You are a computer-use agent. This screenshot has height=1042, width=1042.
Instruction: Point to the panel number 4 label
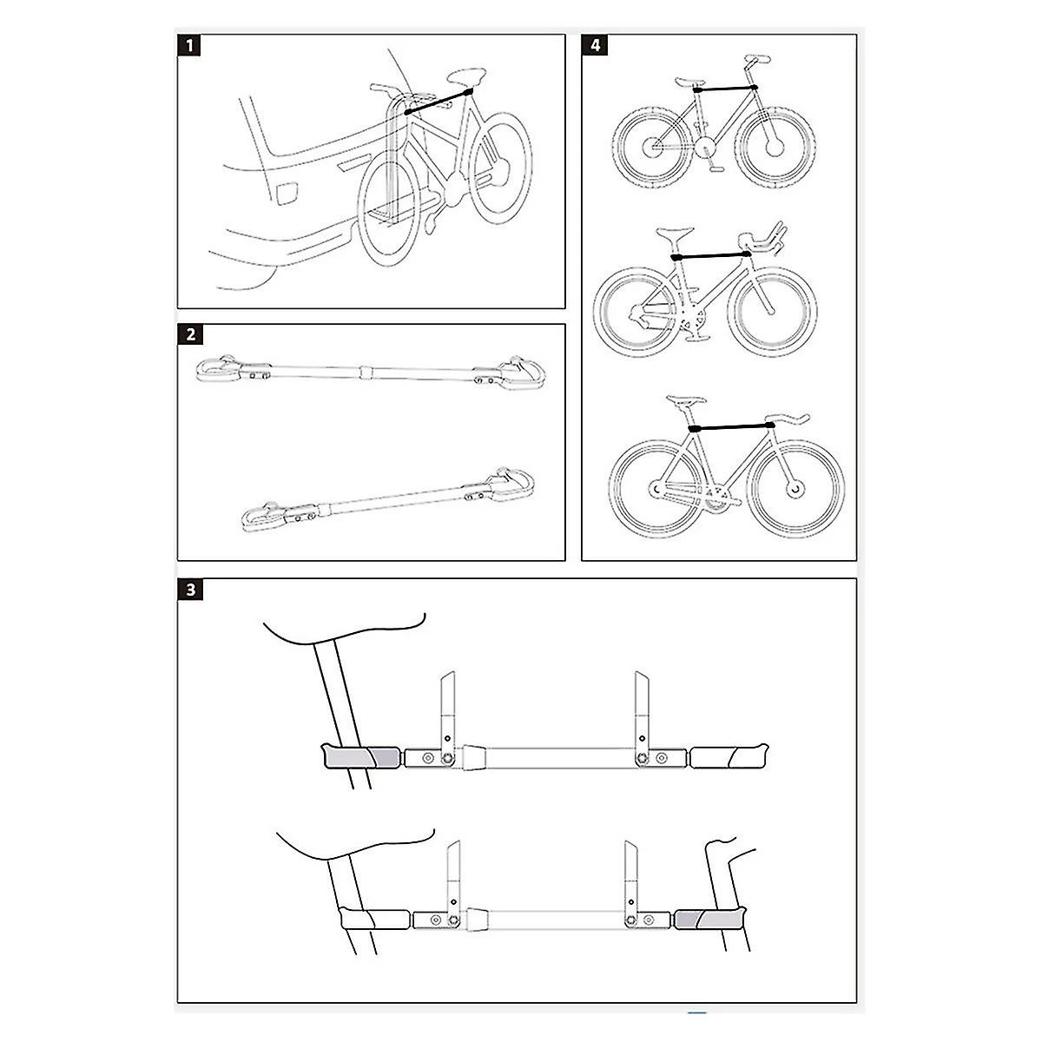click(594, 46)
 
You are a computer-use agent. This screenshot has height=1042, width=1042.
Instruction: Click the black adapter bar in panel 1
click(439, 99)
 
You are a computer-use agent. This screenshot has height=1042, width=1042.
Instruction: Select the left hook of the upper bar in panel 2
click(217, 369)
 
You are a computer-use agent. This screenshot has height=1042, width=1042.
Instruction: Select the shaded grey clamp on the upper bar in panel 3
click(361, 756)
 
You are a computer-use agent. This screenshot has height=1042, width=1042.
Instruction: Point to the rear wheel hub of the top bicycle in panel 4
click(650, 145)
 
